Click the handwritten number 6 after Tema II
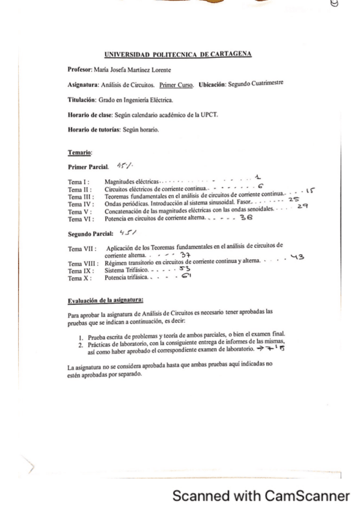(x=260, y=186)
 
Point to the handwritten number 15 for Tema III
(x=307, y=191)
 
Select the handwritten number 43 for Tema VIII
(x=297, y=258)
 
